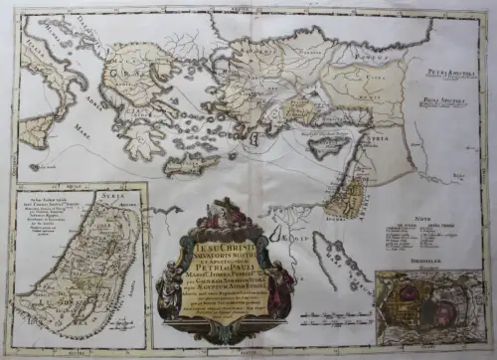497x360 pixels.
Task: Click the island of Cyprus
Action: (x=326, y=146)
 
